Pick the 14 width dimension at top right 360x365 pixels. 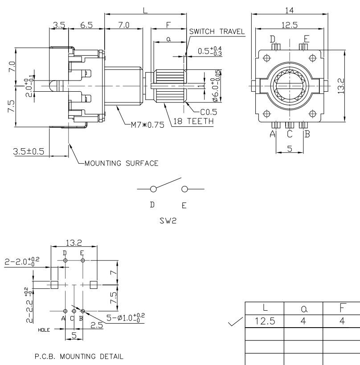289,9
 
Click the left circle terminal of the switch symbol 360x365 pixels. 154,189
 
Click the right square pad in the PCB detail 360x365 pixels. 94,285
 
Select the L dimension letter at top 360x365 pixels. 145,10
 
